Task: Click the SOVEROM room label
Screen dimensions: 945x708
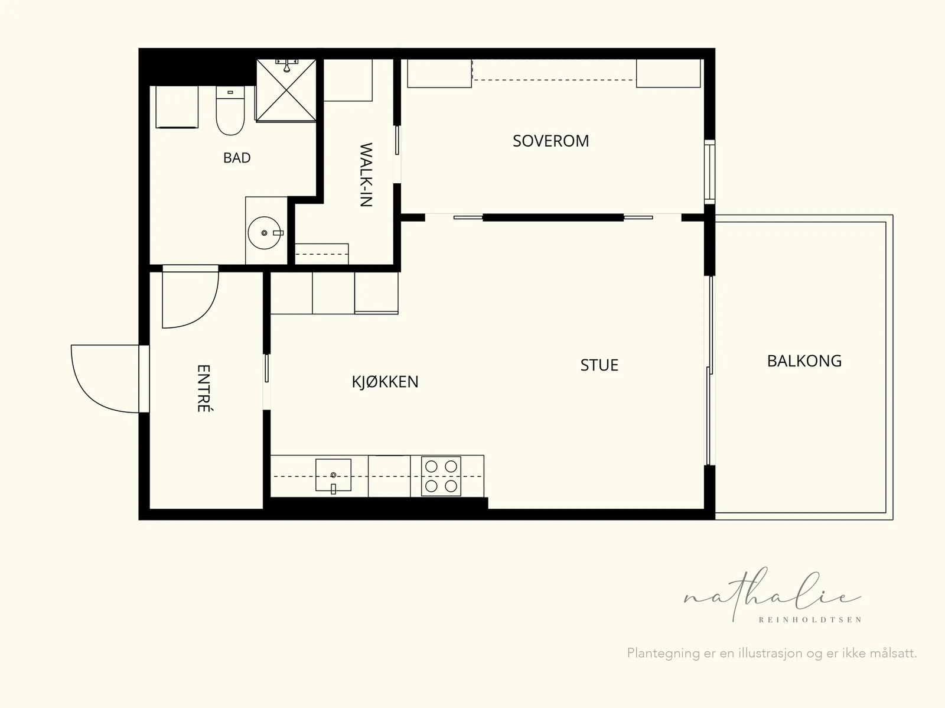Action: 550,141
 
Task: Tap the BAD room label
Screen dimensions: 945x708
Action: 237,158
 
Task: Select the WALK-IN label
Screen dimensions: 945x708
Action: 366,175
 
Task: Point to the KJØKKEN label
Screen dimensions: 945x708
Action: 385,382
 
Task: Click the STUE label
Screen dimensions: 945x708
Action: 599,365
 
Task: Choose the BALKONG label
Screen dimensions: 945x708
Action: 804,361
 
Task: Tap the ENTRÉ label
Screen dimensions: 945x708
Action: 204,388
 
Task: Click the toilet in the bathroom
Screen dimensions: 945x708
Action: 230,111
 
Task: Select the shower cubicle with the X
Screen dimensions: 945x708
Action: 286,90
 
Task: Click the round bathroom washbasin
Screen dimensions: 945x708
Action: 265,233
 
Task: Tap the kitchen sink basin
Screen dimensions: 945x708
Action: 333,475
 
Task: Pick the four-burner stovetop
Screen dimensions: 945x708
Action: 441,476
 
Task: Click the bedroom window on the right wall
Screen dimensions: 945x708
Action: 709,172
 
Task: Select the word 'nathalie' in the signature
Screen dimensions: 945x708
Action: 772,595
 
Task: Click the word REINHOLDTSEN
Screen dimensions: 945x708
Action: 810,620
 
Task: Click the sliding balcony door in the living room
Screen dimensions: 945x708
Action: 709,371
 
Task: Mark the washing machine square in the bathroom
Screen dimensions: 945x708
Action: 177,107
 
